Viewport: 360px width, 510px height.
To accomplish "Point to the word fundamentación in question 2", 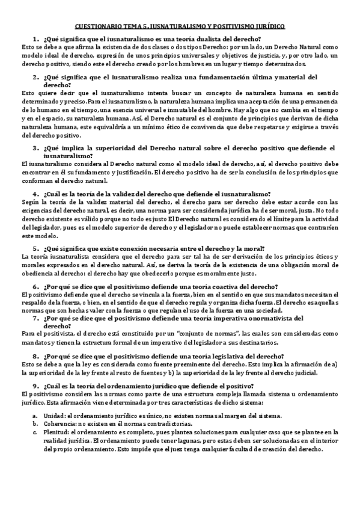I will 228,76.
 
